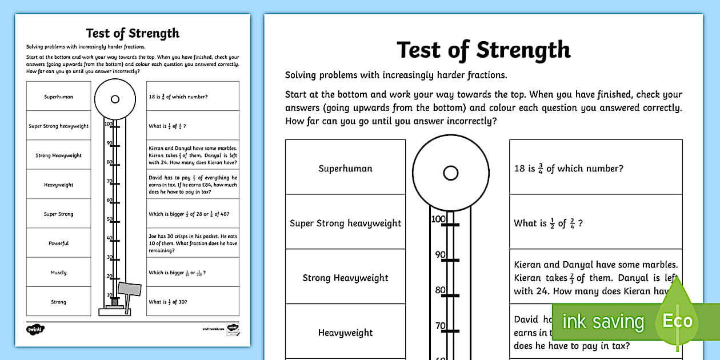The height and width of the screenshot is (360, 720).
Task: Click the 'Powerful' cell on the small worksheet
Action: pos(58,243)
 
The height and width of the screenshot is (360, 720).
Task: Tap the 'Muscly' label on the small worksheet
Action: pos(58,273)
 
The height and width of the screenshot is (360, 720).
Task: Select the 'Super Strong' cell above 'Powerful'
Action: pos(58,214)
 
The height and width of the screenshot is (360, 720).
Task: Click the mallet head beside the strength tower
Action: pos(129,287)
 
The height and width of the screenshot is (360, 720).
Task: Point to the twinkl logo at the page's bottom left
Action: pos(35,329)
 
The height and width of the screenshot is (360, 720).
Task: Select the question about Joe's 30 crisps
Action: pos(193,243)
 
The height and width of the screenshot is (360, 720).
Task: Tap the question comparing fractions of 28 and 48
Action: pos(193,214)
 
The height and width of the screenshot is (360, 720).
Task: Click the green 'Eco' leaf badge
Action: pos(678,320)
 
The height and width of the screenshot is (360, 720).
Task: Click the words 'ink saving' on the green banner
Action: pos(603,322)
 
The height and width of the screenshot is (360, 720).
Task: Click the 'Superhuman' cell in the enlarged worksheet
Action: pos(345,169)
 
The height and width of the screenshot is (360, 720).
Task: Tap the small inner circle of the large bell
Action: pos(450,173)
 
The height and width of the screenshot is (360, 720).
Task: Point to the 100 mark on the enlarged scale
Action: pos(438,219)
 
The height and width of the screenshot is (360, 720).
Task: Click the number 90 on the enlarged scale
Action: pos(440,255)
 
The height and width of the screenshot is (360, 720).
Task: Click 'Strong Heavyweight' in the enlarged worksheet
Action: pos(345,278)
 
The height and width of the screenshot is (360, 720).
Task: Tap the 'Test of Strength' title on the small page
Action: pos(133,33)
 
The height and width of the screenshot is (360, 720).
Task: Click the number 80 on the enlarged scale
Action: pos(440,290)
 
